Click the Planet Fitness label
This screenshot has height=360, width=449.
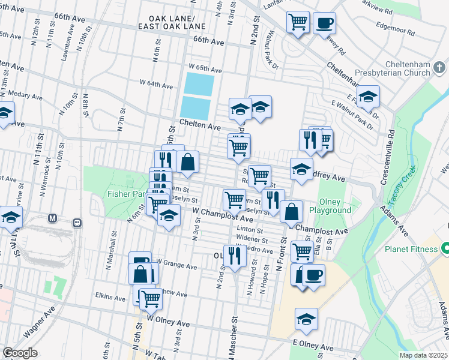(x=411, y=248)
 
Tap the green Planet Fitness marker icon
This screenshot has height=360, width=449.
(x=445, y=248)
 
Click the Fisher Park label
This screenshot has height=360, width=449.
(x=124, y=194)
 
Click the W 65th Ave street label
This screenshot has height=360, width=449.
(x=205, y=70)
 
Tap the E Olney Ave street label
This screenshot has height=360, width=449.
(x=312, y=341)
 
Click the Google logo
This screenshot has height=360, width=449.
(x=20, y=353)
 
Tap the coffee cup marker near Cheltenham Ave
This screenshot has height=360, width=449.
(x=324, y=23)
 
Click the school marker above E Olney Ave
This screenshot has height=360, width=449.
(x=306, y=319)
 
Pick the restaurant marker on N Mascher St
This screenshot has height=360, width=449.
(x=234, y=254)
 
